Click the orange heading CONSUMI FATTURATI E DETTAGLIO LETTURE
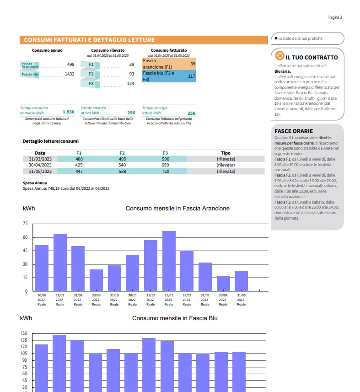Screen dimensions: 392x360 pyautogui.click(x=89, y=40)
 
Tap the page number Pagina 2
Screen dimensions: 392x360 pyautogui.click(x=335, y=17)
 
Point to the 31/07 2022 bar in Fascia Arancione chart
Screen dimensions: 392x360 pyautogui.click(x=60, y=262)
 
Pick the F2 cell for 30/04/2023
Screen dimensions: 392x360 pyautogui.click(x=122, y=165)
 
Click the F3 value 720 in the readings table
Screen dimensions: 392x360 pyautogui.click(x=165, y=171)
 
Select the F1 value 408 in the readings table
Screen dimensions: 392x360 pyautogui.click(x=79, y=159)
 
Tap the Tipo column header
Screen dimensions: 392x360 pyautogui.click(x=226, y=153)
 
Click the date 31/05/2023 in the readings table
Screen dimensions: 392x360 pyautogui.click(x=40, y=171)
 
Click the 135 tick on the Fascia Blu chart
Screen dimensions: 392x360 pyautogui.click(x=24, y=340)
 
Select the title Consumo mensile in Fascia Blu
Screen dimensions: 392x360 pyautogui.click(x=175, y=318)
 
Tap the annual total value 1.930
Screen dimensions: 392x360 pyautogui.click(x=68, y=112)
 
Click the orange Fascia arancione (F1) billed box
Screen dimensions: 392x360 pyautogui.click(x=169, y=64)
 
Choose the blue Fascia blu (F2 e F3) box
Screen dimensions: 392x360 pyautogui.click(x=169, y=76)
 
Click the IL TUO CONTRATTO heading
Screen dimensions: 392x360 pyautogui.click(x=312, y=58)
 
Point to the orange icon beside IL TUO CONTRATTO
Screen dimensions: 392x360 pyautogui.click(x=278, y=57)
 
